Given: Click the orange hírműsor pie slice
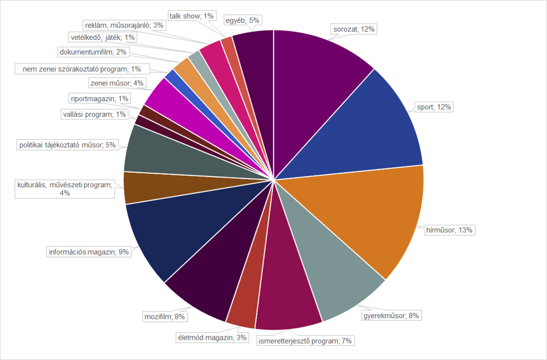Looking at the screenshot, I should click(356, 216).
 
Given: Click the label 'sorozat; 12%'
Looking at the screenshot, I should click(355, 29).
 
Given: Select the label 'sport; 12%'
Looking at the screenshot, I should click(433, 107).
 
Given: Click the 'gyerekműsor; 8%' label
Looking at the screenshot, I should click(391, 316).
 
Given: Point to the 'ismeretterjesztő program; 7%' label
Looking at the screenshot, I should click(305, 341).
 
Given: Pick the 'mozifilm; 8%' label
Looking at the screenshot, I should click(165, 316).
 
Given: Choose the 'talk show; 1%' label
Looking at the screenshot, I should click(192, 15).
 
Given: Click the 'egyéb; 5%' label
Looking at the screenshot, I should click(242, 20).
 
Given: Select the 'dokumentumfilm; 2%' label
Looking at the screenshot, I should click(92, 52).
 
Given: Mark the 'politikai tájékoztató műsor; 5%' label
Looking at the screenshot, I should click(67, 145).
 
